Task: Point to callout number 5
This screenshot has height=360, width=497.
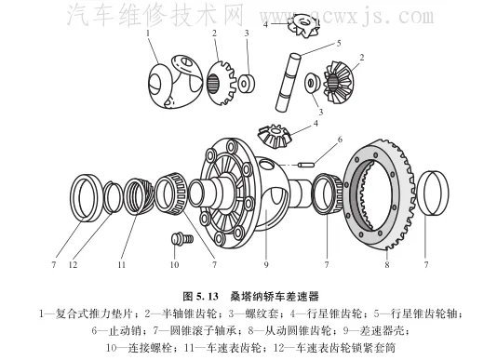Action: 339,43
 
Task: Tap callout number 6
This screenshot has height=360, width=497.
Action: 340,139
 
